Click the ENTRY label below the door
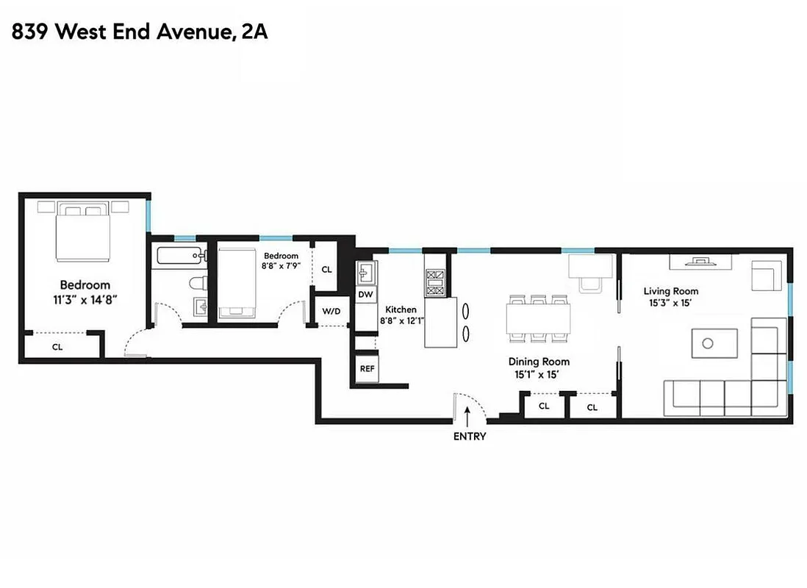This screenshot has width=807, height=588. coord(470,436)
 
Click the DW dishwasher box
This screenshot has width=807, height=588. coord(366,294)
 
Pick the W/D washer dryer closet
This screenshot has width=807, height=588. coord(331,312)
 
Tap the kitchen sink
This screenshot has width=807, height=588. coord(366,273)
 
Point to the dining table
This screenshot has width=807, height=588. coord(538,320)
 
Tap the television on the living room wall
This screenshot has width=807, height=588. coord(700,261)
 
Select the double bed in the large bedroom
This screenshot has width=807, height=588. coord(84,232)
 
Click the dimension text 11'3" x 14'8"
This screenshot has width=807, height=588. coord(85,299)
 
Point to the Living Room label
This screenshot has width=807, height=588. coord(670,291)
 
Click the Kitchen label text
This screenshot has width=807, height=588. coord(401,309)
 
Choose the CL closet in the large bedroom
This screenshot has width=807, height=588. coord(57,347)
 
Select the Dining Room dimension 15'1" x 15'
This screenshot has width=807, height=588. coord(539,374)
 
